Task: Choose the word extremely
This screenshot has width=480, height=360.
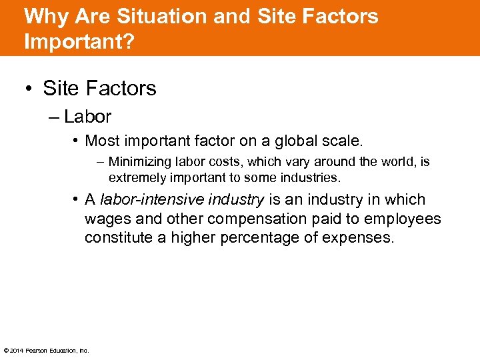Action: [x=137, y=178]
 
